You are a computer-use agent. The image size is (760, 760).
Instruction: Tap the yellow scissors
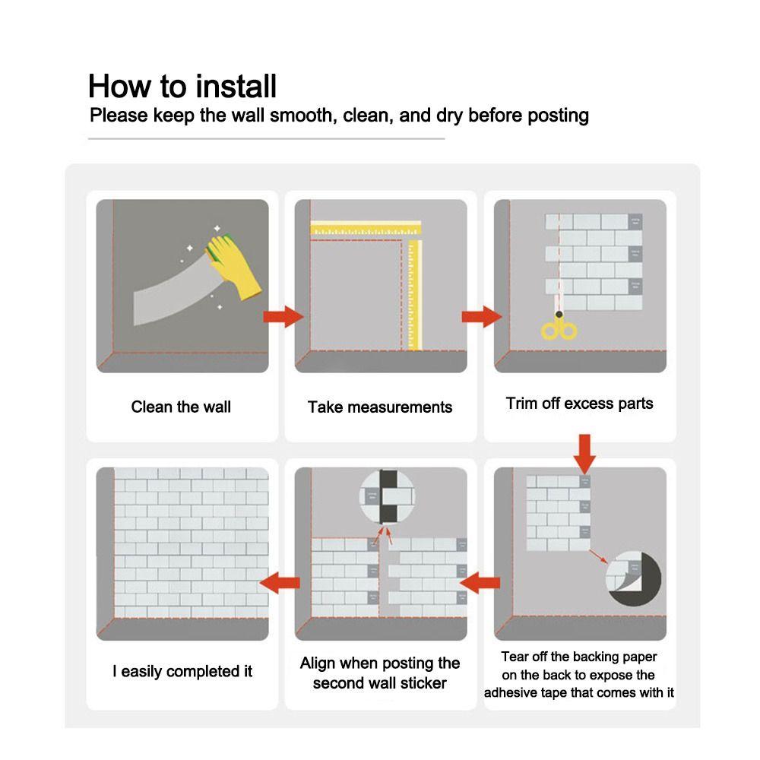[559, 328]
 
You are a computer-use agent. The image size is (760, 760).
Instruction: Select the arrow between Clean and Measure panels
[283, 317]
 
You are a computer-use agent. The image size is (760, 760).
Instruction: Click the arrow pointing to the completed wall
[280, 584]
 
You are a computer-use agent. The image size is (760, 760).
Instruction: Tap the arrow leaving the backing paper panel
[480, 584]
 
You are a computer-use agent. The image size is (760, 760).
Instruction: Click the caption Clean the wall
[181, 407]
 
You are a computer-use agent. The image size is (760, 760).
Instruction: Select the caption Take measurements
[380, 407]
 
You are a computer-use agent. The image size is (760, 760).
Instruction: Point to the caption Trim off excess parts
[579, 404]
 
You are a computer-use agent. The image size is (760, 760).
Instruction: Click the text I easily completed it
[182, 671]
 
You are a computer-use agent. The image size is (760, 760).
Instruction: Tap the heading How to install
[182, 86]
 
